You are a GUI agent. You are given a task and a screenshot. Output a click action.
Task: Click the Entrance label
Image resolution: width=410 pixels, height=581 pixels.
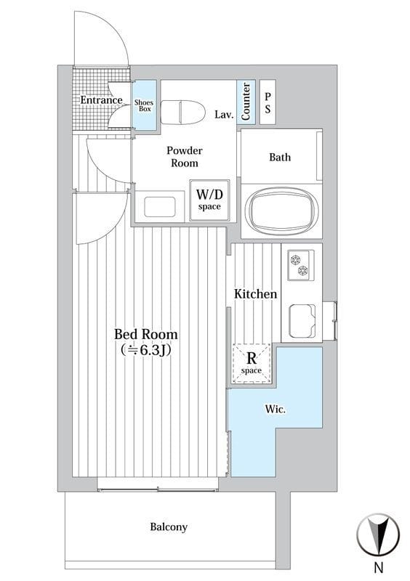pos(101,100)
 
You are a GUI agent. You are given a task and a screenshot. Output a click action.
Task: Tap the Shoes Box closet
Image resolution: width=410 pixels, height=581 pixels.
pos(145,105)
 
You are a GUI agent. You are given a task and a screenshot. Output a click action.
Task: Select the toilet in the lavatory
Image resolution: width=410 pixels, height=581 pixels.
pos(183,112)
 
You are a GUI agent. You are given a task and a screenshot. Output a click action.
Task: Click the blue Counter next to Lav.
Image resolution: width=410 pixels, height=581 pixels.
pos(246,101)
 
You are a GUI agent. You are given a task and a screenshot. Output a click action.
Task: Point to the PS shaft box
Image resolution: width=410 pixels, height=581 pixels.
pos(268,102)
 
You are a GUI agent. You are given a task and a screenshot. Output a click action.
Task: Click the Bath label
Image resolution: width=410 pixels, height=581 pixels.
pos(280,157)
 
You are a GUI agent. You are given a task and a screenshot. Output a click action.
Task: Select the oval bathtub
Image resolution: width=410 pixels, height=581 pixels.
pos(281,210)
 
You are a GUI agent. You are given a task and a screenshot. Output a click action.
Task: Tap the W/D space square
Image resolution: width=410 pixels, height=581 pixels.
pos(209,200)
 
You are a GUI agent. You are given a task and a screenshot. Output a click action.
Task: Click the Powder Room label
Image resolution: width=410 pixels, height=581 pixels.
pos(185,157)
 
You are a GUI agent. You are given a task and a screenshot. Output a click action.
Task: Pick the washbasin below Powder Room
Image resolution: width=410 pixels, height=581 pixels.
pos(160,207)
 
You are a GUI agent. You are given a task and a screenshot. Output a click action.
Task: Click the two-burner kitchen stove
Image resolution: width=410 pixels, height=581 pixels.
pos(300,265)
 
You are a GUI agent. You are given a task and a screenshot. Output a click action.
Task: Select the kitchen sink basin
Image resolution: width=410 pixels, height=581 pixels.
pos(302,321)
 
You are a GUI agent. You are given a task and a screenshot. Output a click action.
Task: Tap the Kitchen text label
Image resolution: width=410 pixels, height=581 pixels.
pos(255,294)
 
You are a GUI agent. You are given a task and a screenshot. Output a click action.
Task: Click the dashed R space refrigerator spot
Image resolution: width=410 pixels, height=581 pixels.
pos(252,363)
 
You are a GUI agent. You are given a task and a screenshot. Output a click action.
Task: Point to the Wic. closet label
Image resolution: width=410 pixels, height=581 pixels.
pos(276,410)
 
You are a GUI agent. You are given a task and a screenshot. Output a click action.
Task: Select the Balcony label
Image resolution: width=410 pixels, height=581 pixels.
pos(169,527)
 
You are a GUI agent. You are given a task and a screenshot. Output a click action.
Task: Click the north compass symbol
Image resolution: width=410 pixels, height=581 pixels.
pos(378,535)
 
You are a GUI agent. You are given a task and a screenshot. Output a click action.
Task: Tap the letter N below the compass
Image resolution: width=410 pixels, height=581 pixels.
pos(379,567)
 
